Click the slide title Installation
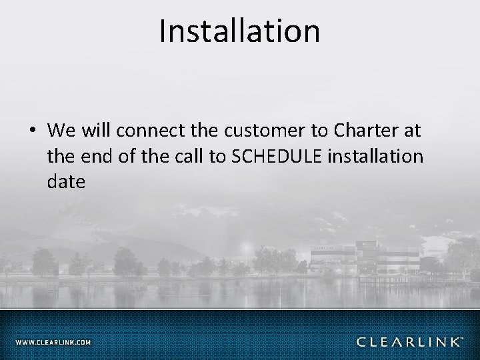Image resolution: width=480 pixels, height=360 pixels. click(x=239, y=31)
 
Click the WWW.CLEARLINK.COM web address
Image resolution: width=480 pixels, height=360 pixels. click(x=53, y=343)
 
